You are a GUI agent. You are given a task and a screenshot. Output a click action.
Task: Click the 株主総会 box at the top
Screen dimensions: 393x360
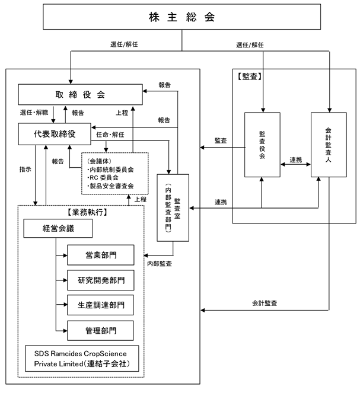coord(181,18)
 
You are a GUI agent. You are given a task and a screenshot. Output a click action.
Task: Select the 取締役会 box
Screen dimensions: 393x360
coord(80,94)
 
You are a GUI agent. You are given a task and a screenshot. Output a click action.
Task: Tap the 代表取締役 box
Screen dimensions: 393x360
coord(54,133)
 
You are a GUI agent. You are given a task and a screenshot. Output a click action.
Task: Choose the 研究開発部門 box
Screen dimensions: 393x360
coord(100,279)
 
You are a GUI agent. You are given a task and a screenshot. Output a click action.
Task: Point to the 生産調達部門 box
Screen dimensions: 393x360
coord(100,304)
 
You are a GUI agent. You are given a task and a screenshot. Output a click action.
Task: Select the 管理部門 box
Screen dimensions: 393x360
coord(100,329)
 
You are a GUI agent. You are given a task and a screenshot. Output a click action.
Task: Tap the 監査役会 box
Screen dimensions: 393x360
coord(262,144)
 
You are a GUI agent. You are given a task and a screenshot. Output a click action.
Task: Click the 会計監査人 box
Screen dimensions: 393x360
coord(329,144)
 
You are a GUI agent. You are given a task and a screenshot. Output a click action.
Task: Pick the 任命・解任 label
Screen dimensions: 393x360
coord(110,135)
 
